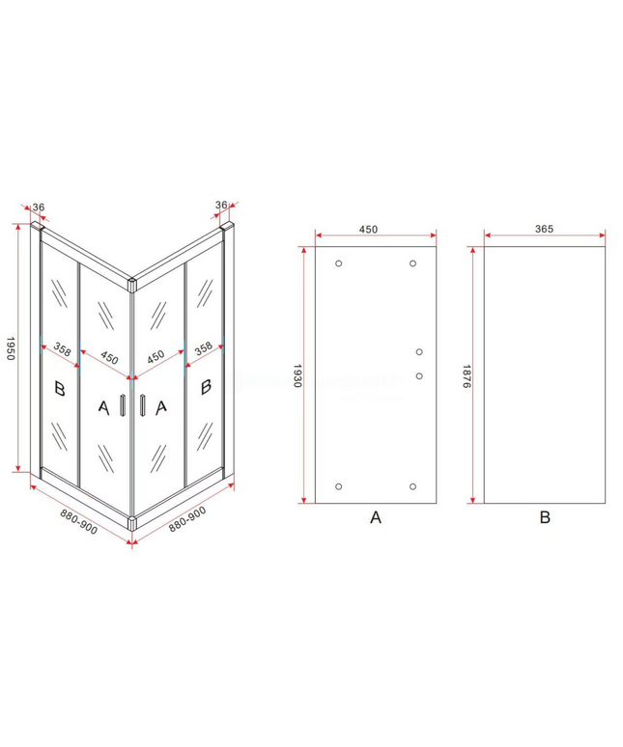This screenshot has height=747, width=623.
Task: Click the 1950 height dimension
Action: click(x=11, y=348)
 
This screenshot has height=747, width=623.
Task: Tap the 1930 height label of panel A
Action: click(x=297, y=375)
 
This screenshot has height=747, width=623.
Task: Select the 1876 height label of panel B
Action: click(x=467, y=375)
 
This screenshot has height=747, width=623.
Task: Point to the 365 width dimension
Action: click(x=544, y=229)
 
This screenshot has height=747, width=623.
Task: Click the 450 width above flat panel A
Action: click(x=368, y=229)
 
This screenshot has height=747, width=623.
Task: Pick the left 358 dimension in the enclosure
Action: click(x=62, y=349)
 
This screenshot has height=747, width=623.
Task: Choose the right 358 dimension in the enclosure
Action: click(x=204, y=348)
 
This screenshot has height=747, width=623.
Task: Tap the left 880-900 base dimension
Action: click(x=78, y=521)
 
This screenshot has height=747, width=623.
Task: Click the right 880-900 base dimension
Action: click(x=187, y=519)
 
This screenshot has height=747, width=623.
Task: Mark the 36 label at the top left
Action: click(x=39, y=207)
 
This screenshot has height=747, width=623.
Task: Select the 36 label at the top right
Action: click(x=221, y=205)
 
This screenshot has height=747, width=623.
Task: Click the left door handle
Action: click(x=123, y=406)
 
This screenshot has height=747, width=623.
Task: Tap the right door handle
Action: click(x=143, y=406)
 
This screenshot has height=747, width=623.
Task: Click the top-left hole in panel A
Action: click(x=338, y=263)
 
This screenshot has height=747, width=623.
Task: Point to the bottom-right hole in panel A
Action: click(x=412, y=486)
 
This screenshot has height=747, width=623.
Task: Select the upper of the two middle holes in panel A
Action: click(x=419, y=352)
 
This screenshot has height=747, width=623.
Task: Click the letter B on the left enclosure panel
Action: click(x=60, y=388)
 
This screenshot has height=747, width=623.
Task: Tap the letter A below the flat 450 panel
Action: click(x=376, y=517)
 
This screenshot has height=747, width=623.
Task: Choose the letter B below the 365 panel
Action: click(x=545, y=517)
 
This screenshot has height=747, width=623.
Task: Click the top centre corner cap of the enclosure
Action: click(x=132, y=285)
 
